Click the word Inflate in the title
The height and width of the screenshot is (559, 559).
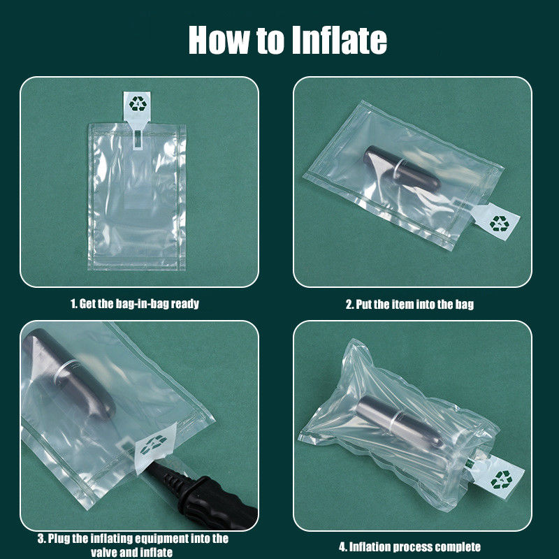[339, 40]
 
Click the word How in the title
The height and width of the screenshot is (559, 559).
[219, 40]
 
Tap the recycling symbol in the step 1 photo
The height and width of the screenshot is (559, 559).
[138, 103]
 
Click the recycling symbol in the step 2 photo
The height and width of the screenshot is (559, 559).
[500, 224]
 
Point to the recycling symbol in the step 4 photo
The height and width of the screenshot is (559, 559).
[501, 479]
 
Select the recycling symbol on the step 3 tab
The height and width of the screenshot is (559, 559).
[153, 444]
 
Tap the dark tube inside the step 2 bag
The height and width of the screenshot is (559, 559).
[402, 168]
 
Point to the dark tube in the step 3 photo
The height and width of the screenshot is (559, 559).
[68, 373]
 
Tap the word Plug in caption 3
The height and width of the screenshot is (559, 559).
[59, 538]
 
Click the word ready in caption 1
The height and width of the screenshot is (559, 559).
[184, 304]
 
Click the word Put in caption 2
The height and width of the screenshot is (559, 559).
[364, 305]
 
